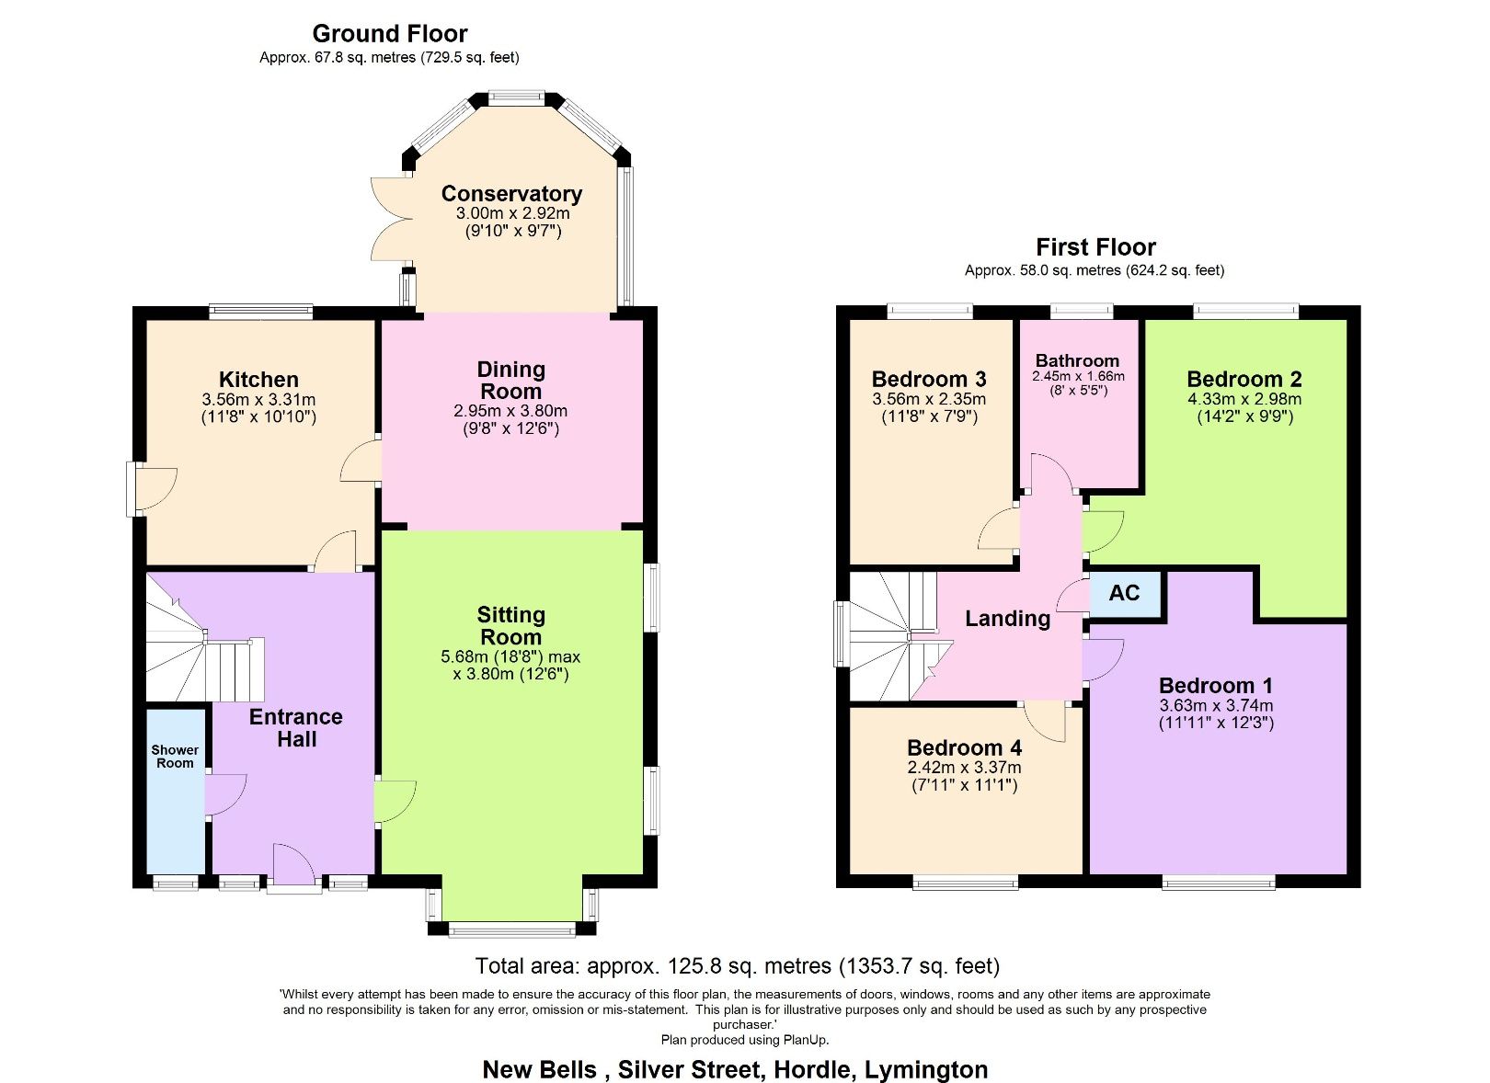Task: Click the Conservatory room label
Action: point(511,194)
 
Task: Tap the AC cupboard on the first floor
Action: point(1124,593)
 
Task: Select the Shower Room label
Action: point(175,757)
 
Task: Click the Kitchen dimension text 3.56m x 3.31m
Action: point(258,400)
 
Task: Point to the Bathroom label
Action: point(1077,360)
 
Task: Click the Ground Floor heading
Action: point(390,34)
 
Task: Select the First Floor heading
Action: point(1095,247)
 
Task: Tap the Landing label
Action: point(1007,619)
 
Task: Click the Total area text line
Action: point(737,966)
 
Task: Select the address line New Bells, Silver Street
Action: point(735,1070)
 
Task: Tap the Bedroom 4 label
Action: point(964,747)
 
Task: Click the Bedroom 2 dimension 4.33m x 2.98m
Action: point(1244,399)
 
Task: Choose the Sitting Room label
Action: point(511,626)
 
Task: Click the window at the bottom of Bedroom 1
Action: point(1219,883)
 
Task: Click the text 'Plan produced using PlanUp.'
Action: point(745,1040)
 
